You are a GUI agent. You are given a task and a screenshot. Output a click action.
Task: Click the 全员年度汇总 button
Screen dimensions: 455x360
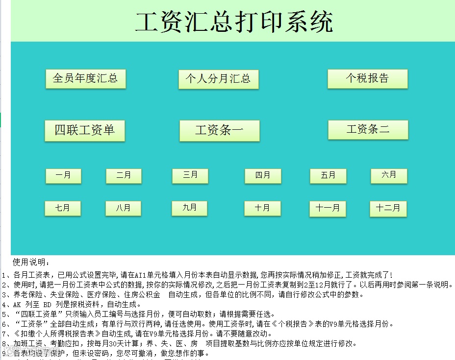[85, 79]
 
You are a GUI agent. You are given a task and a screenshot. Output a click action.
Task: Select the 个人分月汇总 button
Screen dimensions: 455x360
[218, 79]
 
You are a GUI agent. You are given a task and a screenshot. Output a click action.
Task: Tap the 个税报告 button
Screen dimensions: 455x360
[367, 79]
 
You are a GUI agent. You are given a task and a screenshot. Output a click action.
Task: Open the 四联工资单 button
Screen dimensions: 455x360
[84, 131]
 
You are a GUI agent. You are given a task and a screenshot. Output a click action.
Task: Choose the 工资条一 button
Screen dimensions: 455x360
[219, 131]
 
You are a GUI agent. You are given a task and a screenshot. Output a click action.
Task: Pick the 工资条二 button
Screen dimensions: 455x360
[368, 130]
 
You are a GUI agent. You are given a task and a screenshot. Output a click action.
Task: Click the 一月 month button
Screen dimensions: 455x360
[63, 176]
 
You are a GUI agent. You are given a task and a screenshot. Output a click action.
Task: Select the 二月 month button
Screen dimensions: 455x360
[124, 176]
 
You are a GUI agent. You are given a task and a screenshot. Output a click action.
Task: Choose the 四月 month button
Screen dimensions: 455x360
[263, 176]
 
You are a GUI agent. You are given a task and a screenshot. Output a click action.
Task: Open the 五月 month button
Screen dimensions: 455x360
[328, 176]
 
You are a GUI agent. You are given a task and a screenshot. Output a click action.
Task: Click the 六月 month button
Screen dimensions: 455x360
[389, 175]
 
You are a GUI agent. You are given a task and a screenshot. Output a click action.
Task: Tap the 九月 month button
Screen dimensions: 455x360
[190, 208]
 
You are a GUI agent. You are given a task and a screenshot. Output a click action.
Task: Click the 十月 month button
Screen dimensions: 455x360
[262, 209]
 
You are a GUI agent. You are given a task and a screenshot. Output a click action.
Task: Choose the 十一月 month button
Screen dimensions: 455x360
[328, 209]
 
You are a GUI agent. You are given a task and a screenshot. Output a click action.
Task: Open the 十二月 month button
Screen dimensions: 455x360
[388, 209]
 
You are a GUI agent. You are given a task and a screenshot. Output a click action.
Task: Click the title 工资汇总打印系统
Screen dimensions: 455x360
[233, 22]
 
